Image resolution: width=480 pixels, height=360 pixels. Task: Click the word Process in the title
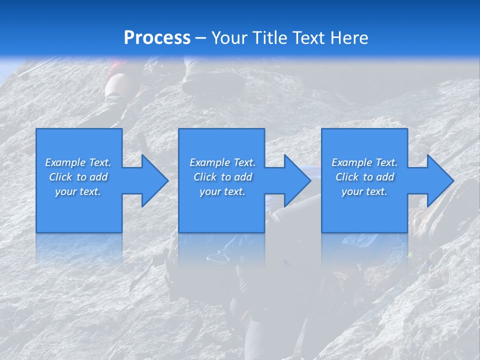[157, 38]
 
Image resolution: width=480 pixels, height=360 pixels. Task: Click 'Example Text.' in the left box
[78, 162]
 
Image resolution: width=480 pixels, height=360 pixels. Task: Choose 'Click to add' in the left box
[78, 177]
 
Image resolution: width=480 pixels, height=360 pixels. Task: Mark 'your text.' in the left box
[78, 191]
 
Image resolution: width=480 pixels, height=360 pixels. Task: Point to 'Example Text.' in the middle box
[222, 162]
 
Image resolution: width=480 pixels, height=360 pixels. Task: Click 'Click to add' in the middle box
[222, 177]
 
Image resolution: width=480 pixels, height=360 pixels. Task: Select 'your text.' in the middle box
[222, 191]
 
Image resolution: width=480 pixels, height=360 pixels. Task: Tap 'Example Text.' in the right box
[364, 162]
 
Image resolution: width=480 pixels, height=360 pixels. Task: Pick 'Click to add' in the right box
[364, 177]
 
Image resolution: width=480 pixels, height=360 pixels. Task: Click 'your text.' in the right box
[364, 191]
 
